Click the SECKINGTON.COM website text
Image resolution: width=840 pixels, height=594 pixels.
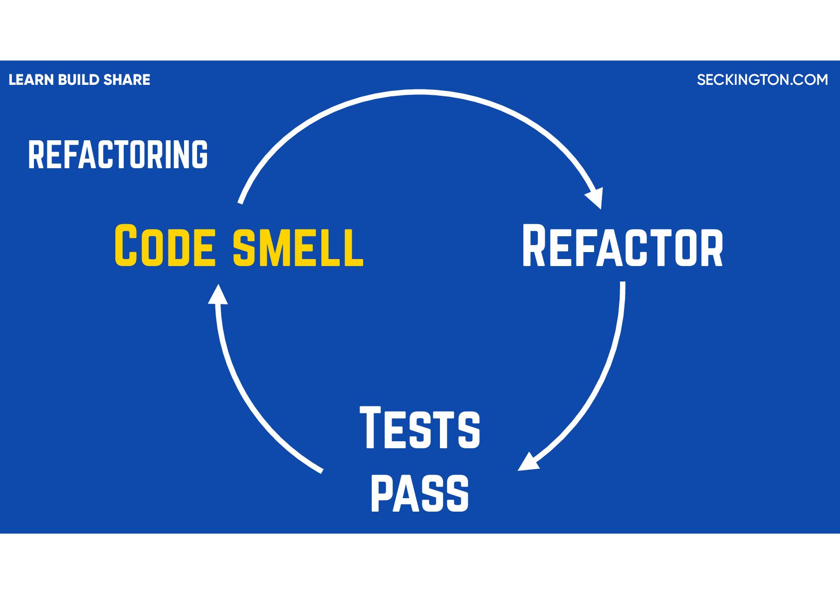tap(762, 80)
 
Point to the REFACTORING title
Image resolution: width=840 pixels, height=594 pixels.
tap(118, 155)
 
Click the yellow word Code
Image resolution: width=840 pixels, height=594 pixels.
tap(165, 246)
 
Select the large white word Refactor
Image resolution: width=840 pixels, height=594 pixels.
tap(622, 247)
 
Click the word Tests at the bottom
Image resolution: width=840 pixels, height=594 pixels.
tap(420, 428)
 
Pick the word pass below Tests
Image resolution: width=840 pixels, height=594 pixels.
tap(420, 493)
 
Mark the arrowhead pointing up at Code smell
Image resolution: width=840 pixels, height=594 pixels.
tap(217, 295)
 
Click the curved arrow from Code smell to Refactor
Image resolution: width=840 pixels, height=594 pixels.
tap(420, 92)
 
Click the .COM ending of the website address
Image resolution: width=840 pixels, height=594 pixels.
tap(809, 80)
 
